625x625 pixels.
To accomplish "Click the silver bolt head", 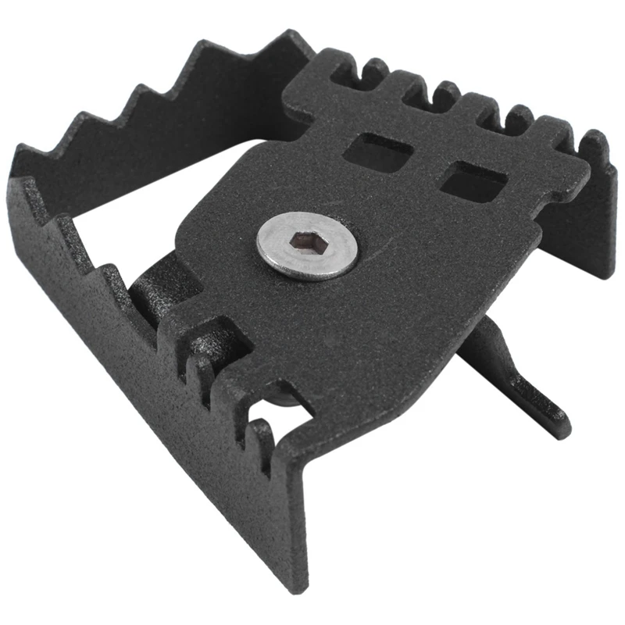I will point(307,245).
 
